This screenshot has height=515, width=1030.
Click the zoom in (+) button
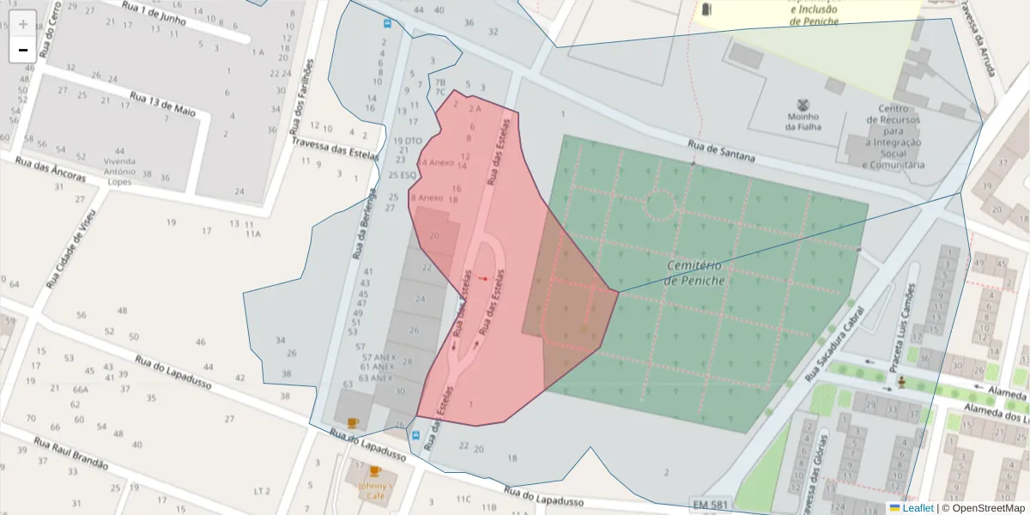23,24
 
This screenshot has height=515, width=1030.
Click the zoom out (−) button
23,50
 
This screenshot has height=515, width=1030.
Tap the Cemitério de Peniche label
694,273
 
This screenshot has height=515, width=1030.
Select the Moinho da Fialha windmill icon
803,103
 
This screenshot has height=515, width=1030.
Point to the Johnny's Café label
374,491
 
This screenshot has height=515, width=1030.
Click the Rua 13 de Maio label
163,104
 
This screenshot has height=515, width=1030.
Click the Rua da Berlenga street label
364,224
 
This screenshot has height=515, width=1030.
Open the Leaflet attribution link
918,508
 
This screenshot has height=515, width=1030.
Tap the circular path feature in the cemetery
660,205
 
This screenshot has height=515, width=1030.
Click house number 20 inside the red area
433,235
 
